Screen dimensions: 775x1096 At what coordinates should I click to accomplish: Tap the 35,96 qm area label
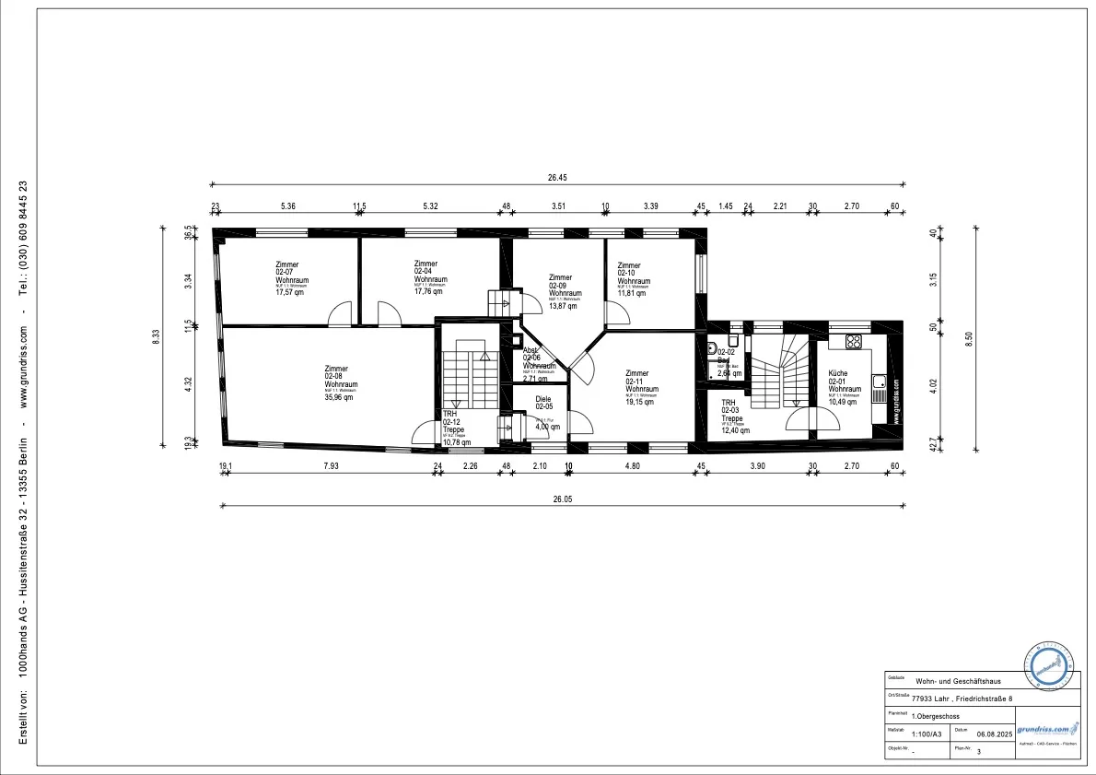click(x=339, y=398)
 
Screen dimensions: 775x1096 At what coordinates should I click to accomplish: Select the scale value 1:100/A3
click(x=927, y=734)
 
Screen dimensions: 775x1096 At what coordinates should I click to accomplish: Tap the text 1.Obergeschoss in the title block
click(x=938, y=715)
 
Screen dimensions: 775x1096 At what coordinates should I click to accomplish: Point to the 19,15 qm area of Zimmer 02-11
click(x=644, y=402)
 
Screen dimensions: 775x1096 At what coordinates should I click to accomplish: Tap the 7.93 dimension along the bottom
click(x=332, y=466)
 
